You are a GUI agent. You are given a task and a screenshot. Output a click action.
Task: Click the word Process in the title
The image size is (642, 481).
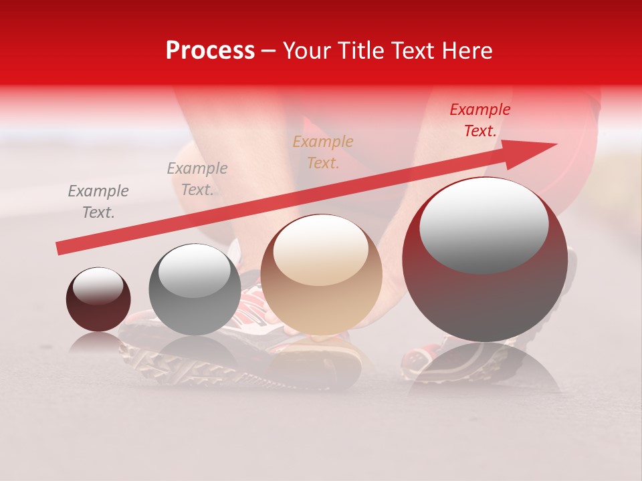(x=210, y=51)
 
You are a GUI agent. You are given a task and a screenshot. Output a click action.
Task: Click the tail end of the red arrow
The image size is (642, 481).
(x=60, y=249)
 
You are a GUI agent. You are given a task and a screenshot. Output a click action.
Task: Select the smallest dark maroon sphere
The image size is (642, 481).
(x=98, y=299)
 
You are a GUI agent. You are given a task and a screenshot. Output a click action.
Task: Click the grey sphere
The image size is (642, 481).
(x=195, y=289)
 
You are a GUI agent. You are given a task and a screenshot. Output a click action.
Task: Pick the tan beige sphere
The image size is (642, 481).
(x=321, y=275)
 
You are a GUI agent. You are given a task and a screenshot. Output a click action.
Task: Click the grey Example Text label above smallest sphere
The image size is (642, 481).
(x=98, y=202)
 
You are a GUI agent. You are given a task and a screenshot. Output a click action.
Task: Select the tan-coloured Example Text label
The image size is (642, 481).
(x=323, y=152)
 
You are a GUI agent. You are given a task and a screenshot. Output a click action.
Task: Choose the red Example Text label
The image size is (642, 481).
(x=479, y=120)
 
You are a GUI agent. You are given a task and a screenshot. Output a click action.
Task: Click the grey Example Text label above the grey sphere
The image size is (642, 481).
(x=197, y=178)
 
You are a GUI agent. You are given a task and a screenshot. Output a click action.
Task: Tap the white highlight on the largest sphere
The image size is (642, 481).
(x=484, y=226)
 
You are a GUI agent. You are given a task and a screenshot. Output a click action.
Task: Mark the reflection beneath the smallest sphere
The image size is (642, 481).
(x=98, y=341)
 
